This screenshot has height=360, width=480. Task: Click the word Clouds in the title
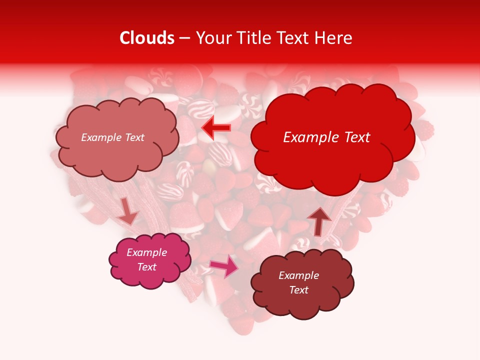pyautogui.click(x=147, y=38)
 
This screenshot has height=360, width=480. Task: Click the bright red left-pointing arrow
pyautogui.click(x=216, y=128)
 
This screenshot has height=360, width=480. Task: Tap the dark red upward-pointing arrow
pyautogui.click(x=319, y=220)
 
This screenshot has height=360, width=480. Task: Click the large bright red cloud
pyautogui.click(x=332, y=160)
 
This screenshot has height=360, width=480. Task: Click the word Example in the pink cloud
pyautogui.click(x=147, y=252)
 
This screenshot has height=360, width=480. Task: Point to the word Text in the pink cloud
pyautogui.click(x=147, y=267)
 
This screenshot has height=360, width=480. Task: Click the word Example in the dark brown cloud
pyautogui.click(x=298, y=275)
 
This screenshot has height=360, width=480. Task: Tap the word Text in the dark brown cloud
pyautogui.click(x=298, y=290)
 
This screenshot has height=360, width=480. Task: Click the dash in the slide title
pyautogui.click(x=184, y=38)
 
